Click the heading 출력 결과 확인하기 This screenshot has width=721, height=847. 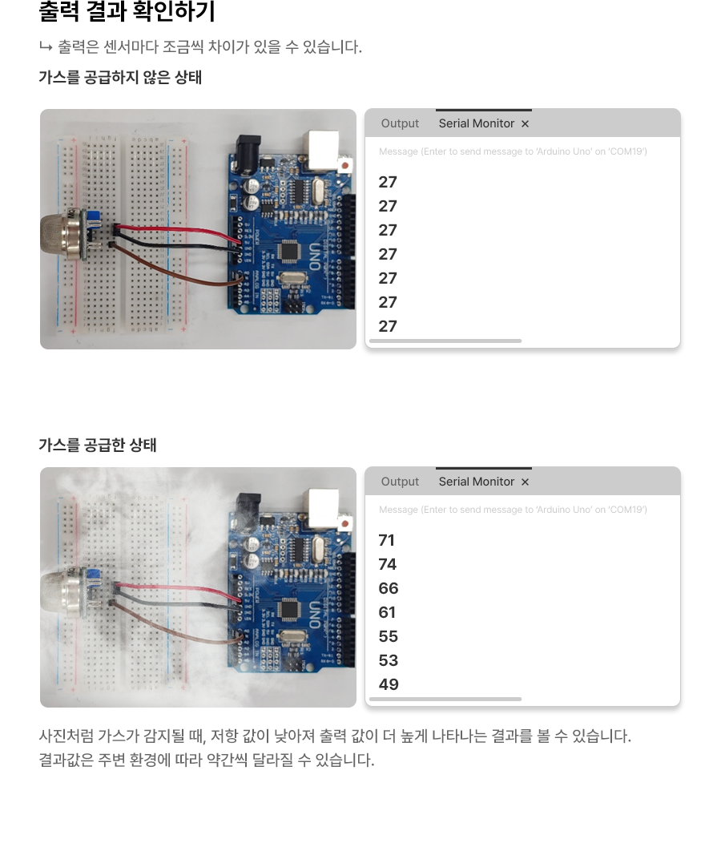127,13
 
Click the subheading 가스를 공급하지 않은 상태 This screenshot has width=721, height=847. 120,78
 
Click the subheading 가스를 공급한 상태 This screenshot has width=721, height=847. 98,446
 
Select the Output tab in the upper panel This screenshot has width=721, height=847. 400,123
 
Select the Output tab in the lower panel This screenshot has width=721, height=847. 400,482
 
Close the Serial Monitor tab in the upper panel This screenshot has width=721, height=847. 525,123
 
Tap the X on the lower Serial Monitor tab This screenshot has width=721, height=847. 525,482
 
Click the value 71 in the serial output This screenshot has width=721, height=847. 387,541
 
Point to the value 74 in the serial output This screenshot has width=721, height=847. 388,565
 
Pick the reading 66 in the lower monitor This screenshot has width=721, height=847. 389,589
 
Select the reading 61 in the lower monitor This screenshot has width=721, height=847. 388,613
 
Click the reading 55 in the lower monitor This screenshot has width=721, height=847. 389,637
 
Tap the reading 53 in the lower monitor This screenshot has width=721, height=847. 389,661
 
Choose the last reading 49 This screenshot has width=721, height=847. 389,685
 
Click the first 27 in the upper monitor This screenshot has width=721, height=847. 388,183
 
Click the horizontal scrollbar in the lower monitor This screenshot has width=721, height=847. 445,699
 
